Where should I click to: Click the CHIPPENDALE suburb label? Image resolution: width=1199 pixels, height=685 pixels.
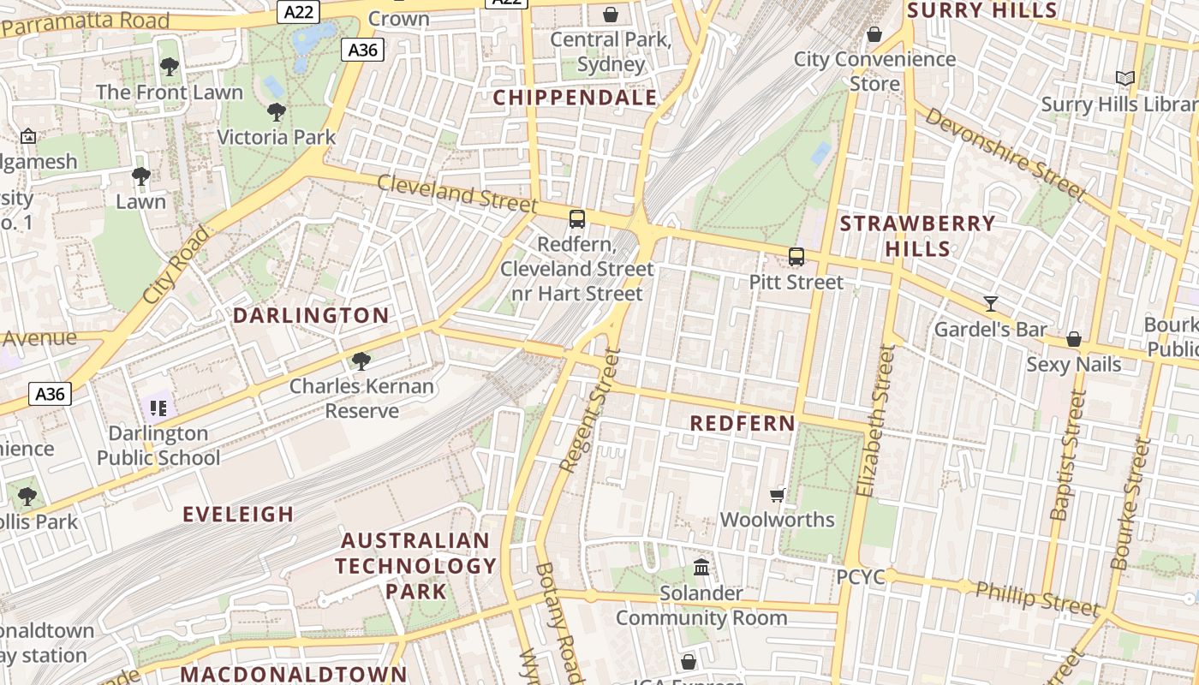575,98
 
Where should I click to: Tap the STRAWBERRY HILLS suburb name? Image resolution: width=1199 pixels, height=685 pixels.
918,236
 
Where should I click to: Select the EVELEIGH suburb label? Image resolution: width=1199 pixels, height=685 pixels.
238,515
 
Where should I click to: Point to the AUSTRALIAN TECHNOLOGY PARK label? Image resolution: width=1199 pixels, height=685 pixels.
415,566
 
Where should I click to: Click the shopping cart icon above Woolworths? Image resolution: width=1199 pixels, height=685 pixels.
778,495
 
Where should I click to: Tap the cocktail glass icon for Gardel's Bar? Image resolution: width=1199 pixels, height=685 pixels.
991,303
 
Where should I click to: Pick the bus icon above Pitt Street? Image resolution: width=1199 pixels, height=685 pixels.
796,256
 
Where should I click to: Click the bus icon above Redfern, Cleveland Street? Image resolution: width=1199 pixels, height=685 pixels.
577,218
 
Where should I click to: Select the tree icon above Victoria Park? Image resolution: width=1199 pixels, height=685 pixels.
276,111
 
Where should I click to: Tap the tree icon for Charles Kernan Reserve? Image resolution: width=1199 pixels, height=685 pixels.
361,360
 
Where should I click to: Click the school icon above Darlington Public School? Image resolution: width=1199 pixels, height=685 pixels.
158,408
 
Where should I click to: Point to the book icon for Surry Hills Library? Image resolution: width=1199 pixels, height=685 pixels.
1125,79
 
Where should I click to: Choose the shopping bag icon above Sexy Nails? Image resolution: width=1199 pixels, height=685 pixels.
1074,340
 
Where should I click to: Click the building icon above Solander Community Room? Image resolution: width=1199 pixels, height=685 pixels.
701,567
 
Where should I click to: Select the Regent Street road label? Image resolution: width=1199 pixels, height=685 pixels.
588,411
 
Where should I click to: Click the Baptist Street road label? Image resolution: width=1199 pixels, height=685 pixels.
1068,455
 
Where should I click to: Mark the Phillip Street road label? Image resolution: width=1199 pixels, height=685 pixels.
1037,598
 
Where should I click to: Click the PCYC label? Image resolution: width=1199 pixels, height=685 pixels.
861,577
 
